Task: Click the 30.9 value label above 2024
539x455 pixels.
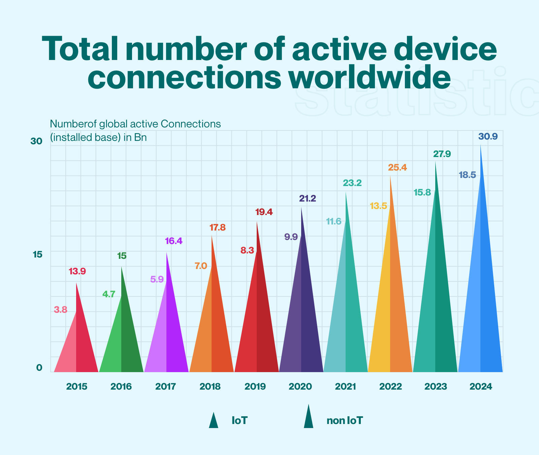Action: (x=488, y=137)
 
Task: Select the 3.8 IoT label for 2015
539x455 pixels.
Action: (x=61, y=310)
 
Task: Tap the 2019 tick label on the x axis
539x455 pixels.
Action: (x=255, y=387)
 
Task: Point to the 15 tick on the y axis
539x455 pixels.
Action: (x=37, y=255)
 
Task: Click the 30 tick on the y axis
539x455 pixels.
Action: (x=36, y=142)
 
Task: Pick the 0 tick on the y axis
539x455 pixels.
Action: (x=39, y=368)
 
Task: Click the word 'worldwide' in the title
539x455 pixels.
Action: (x=369, y=76)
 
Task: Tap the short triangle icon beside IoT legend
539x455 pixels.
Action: (x=213, y=421)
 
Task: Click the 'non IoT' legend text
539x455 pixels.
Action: (x=345, y=421)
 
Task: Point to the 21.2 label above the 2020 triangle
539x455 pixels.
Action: (x=308, y=199)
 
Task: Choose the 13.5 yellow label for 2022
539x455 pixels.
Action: (x=378, y=206)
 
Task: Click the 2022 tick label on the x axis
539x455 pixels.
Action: (x=390, y=387)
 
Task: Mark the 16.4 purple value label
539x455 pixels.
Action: (x=173, y=241)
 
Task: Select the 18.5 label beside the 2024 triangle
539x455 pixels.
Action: (x=467, y=175)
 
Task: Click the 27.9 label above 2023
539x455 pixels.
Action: (x=442, y=154)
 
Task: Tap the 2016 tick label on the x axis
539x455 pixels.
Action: (x=121, y=387)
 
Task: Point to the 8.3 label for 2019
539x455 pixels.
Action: (x=247, y=251)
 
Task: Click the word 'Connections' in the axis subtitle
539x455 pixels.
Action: (x=191, y=124)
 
